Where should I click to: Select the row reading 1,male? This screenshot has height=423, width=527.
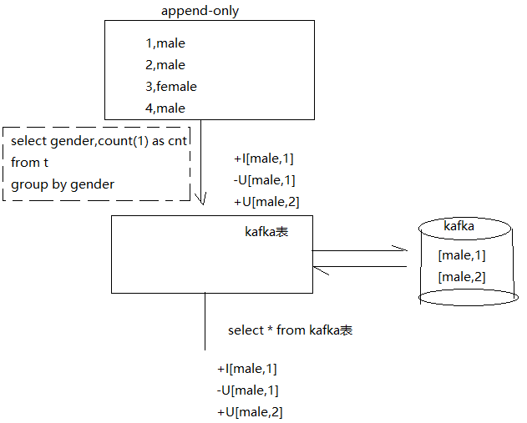pos(165,43)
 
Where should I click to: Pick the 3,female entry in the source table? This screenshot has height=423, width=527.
pos(170,86)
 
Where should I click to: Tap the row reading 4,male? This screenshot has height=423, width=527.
pos(165,108)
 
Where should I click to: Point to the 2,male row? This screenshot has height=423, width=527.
pos(165,65)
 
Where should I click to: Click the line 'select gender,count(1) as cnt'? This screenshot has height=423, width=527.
pos(99,141)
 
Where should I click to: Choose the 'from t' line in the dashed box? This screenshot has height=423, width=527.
pos(30,163)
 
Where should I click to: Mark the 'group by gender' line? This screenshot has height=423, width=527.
pos(63,184)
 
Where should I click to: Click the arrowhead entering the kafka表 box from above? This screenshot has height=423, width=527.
pos(200,199)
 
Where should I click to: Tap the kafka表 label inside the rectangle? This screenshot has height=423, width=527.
pos(266,231)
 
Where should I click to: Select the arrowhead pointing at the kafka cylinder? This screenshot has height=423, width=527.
pos(402,250)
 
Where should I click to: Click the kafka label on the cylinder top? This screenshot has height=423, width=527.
pos(460,226)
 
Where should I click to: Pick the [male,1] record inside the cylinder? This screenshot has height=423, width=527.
pos(462,255)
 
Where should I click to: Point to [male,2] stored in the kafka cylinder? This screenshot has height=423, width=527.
pos(462,277)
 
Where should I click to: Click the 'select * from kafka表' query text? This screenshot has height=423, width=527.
pos(290,330)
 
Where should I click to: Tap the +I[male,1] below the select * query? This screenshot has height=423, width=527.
pos(247,369)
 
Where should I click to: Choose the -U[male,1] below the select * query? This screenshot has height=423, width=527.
pos(247,390)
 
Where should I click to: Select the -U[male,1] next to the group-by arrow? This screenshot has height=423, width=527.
pos(264,179)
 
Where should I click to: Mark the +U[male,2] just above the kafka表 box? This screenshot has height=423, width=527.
pos(266,201)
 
